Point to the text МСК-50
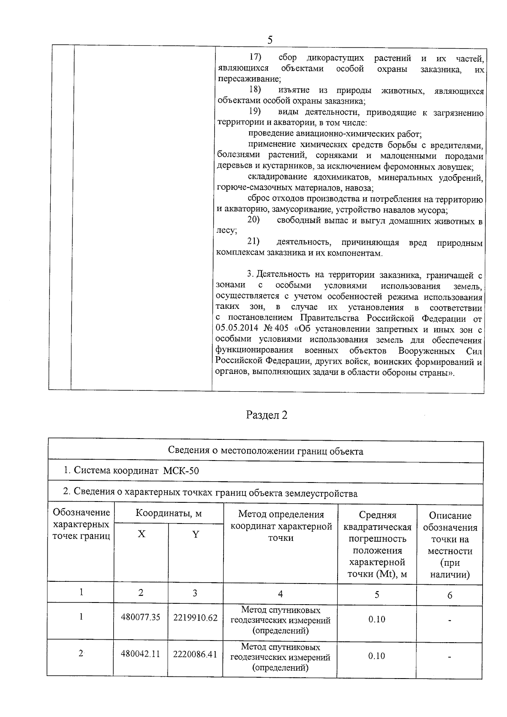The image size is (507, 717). pos(181,471)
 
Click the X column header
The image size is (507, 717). pos(141,534)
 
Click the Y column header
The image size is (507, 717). pos(195,534)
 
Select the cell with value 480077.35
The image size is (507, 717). pos(140,617)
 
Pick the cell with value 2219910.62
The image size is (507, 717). pos(195,617)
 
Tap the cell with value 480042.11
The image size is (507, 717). pos(140,654)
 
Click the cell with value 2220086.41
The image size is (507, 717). pos(195,654)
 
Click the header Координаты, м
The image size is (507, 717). pos(168,513)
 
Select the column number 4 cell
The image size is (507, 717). pos(280,594)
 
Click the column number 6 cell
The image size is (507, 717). pos(450,595)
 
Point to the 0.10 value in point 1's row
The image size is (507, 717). pos(376,619)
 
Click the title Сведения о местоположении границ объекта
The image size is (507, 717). pos(265,451)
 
